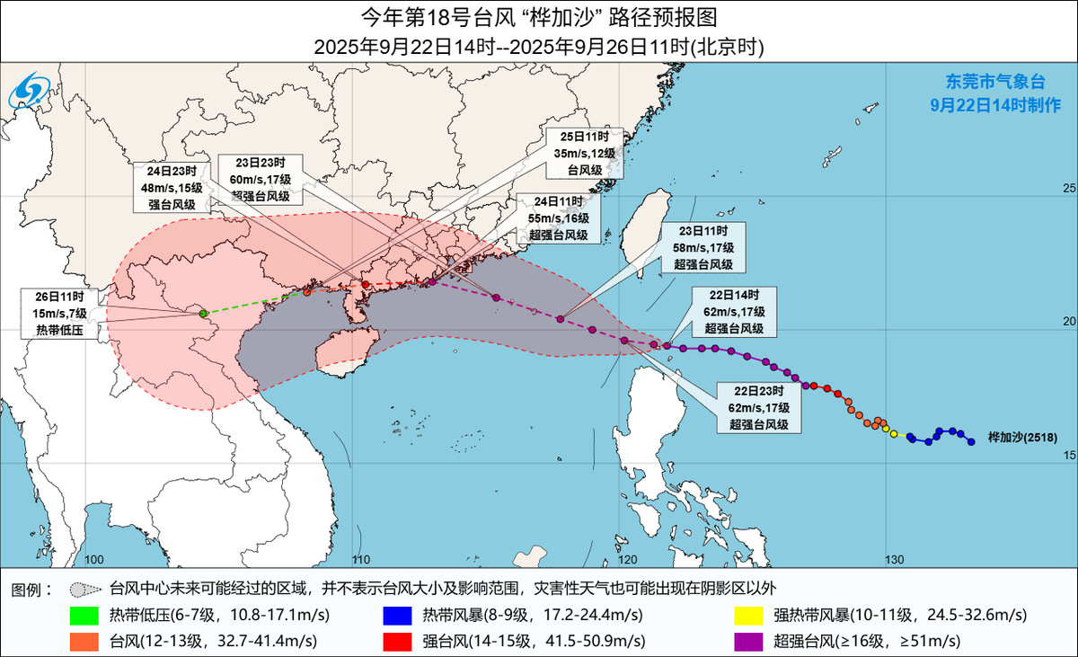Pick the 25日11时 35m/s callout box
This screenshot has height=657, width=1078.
pos(584,153)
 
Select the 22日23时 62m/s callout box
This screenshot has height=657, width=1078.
pos(759,408)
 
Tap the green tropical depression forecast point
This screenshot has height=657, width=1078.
pos(204,314)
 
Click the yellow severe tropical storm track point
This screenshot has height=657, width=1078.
pos(894,434)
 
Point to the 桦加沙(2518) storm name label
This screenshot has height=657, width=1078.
pos(1022,438)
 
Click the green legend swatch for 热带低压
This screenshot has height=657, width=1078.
pos(87,616)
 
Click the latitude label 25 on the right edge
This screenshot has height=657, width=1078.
pos(1068,189)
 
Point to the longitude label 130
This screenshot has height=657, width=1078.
pos(893,560)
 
